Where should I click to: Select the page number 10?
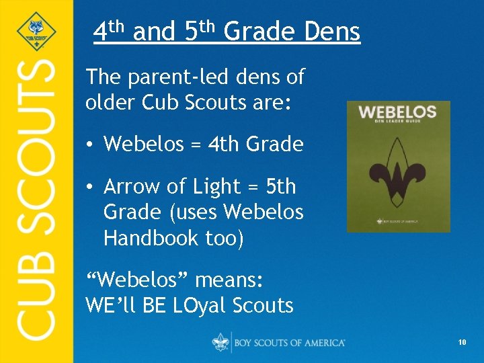tap(462, 343)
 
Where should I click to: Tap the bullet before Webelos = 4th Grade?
tap(91, 145)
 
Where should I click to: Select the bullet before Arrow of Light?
tap(91, 187)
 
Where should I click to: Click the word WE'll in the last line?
tap(108, 305)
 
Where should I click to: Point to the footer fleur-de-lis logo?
tap(220, 342)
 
